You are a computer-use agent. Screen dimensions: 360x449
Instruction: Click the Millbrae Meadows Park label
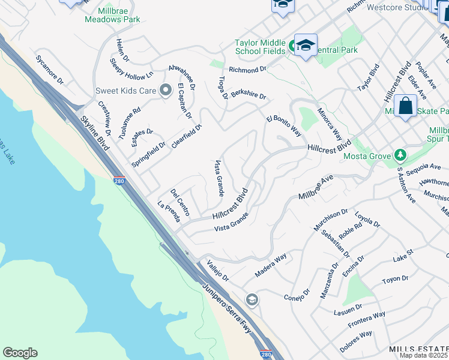tap(112, 15)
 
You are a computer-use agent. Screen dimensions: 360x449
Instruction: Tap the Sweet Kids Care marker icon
tap(166, 91)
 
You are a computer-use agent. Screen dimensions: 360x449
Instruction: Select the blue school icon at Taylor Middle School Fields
tap(306, 45)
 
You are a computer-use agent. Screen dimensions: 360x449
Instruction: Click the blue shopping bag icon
tap(406, 106)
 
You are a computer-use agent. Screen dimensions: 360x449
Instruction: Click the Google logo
tap(20, 353)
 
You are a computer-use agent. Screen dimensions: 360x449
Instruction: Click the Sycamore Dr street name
tap(49, 70)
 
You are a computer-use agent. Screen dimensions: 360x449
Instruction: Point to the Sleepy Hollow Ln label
tap(131, 69)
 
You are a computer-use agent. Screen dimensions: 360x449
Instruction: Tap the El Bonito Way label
tap(284, 122)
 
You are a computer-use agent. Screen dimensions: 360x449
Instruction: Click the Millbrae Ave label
tap(316, 188)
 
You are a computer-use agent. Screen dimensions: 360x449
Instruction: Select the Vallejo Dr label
tap(218, 271)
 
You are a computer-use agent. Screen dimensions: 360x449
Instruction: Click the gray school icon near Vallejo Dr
tap(252, 299)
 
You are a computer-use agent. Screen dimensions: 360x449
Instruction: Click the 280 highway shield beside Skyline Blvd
tap(119, 180)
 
